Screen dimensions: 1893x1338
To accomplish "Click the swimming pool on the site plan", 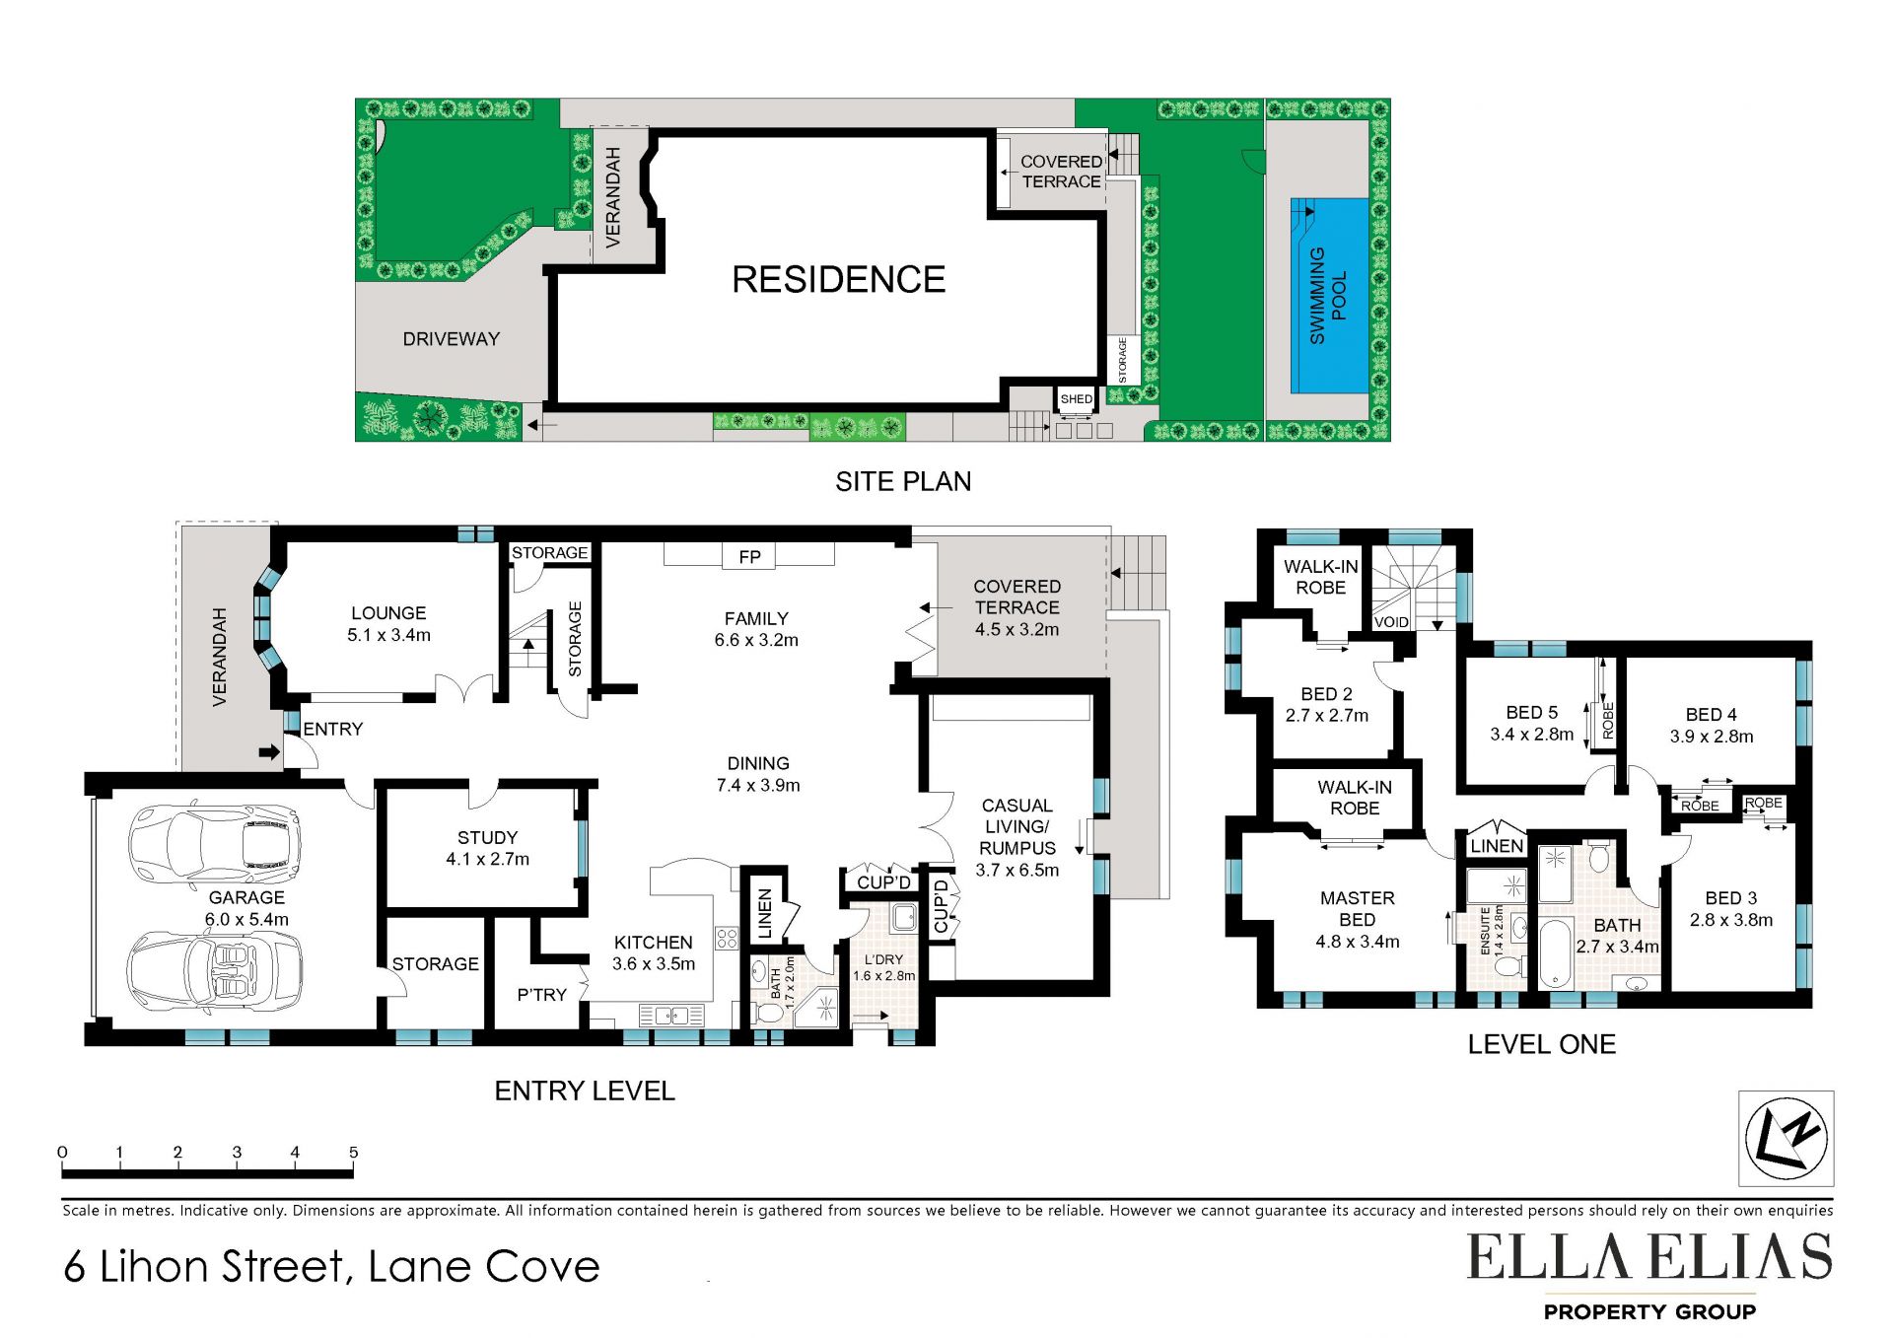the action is (1330, 296).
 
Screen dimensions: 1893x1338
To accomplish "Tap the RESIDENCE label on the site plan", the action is (838, 279).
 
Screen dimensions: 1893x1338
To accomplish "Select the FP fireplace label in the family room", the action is (749, 557).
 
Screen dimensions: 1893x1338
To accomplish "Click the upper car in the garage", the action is (214, 844).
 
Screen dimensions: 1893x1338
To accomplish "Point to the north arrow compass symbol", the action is (1786, 1138).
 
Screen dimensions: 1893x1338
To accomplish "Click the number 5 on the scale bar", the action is (353, 1152).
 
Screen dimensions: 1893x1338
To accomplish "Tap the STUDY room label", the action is (487, 837).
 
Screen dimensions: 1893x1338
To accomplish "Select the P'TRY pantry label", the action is (541, 995).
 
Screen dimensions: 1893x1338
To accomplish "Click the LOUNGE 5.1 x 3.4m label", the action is (388, 624).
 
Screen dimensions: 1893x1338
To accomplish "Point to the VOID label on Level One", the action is (1391, 622).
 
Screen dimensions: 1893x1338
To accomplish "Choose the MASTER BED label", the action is (1358, 909).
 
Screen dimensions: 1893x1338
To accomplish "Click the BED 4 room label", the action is (1711, 715).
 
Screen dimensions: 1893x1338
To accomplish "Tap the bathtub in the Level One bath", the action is (1555, 952).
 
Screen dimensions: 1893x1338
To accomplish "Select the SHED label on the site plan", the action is (1076, 399).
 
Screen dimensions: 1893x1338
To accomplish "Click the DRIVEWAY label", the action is (451, 339).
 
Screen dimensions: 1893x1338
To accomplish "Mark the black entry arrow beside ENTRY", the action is (269, 752).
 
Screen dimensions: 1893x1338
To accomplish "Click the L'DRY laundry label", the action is (883, 959).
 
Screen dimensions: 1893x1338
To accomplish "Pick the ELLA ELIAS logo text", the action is (1649, 1257).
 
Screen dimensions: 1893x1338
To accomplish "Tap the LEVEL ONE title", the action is (1541, 1045).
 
